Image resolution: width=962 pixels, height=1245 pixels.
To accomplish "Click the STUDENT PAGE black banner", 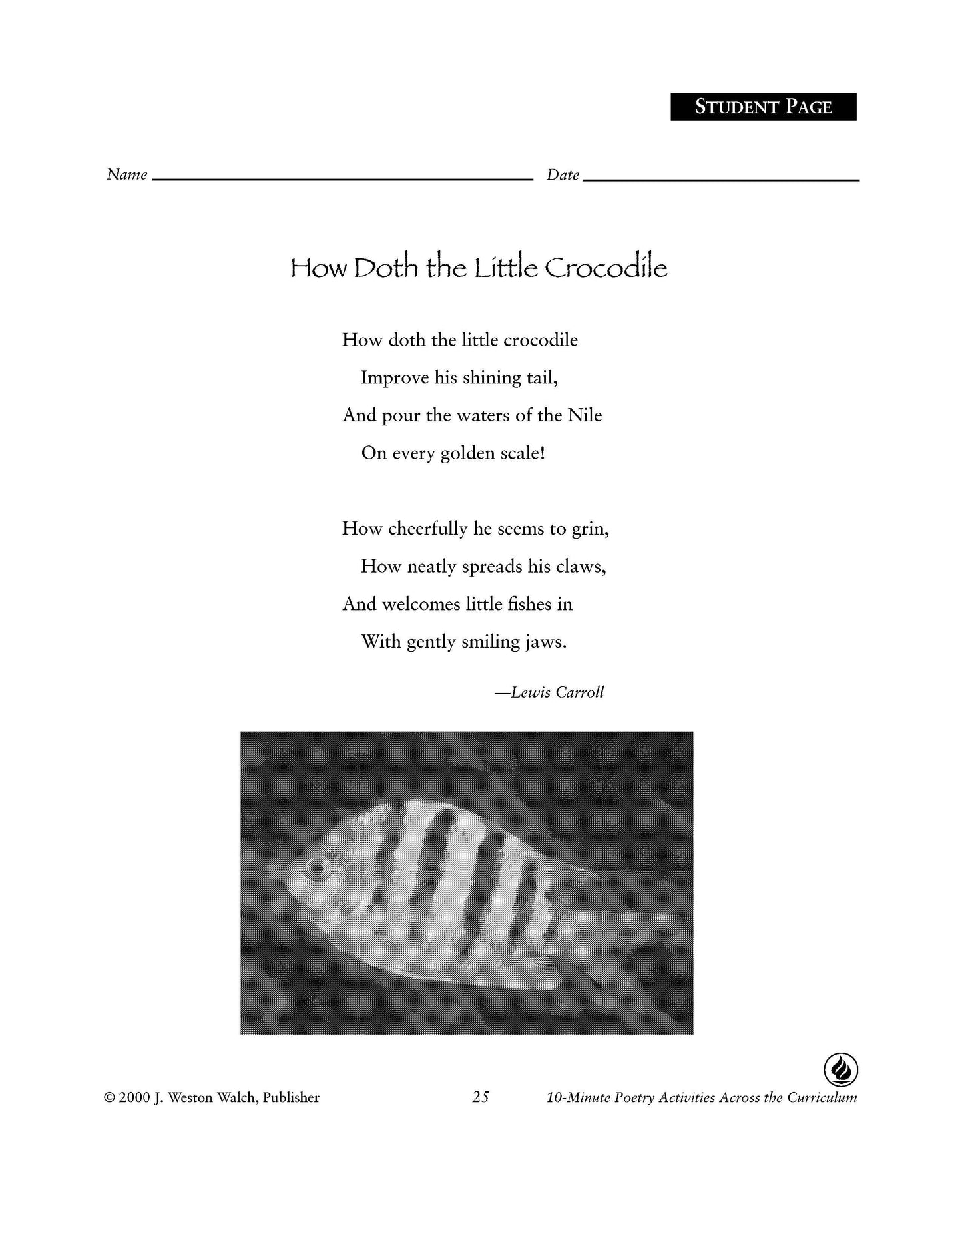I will click(763, 107).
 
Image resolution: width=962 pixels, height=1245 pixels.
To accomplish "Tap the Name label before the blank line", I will click(126, 174).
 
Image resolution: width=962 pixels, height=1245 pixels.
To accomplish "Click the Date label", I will click(563, 175).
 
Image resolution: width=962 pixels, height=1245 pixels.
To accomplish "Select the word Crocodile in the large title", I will click(605, 268).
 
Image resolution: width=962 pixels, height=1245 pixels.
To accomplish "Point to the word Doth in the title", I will click(386, 268).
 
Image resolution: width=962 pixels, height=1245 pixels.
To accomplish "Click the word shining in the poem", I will click(477, 378).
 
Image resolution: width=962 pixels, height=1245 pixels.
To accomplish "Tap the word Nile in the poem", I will click(585, 415).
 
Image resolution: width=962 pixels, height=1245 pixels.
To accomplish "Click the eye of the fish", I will click(316, 868).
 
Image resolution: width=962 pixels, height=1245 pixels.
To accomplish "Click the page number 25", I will click(480, 1097).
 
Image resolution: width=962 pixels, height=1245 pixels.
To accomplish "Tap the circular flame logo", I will click(840, 1071).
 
